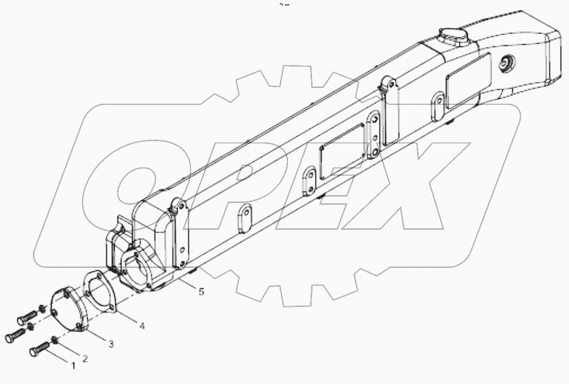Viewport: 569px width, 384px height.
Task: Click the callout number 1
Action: point(71,364)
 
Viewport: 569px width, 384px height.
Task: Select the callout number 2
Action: point(85,358)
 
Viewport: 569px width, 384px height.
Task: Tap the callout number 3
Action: point(111,344)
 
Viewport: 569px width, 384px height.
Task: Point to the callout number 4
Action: point(142,325)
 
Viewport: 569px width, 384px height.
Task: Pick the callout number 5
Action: point(201,292)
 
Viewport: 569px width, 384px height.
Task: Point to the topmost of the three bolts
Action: point(27,316)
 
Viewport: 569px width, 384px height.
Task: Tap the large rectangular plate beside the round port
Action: point(468,80)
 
